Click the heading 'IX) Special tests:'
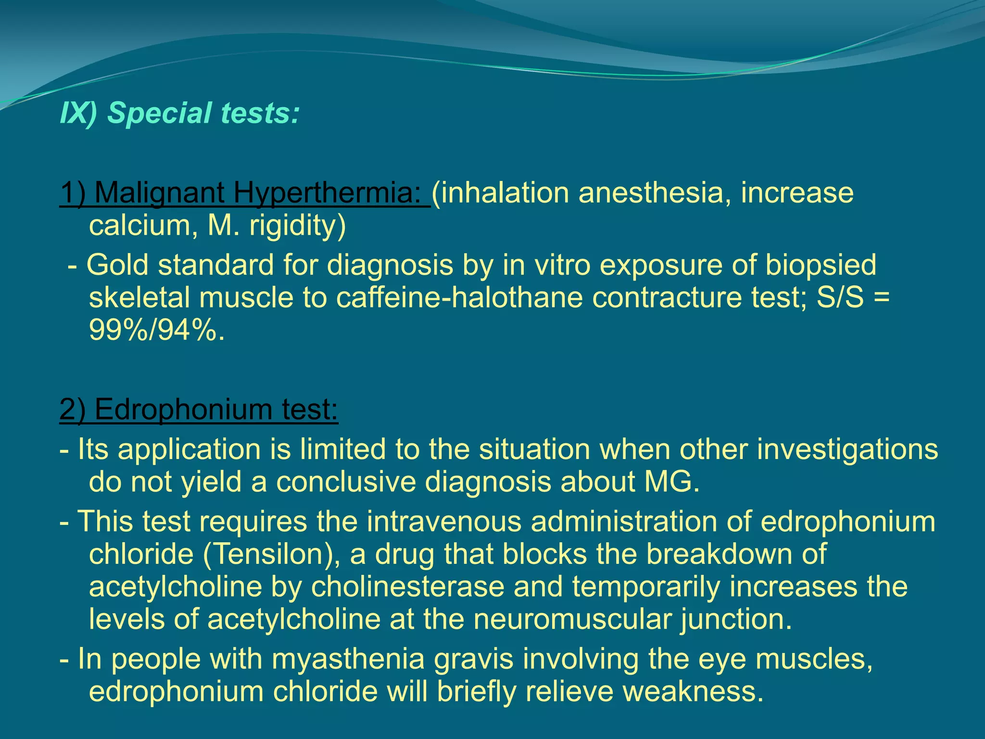click(x=179, y=113)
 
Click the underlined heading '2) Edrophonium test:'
click(x=199, y=409)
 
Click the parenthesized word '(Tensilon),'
click(x=272, y=554)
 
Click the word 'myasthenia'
click(x=348, y=659)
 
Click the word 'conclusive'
click(x=346, y=482)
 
